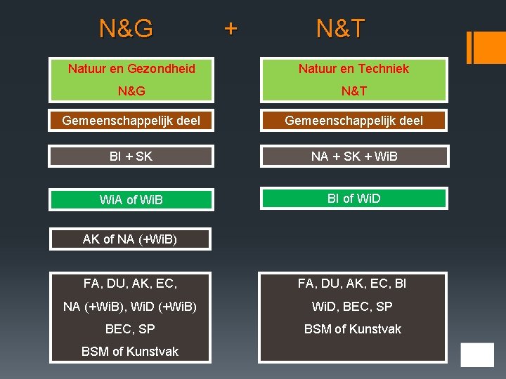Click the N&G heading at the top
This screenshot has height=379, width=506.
coord(126,29)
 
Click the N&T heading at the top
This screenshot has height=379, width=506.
coord(340,29)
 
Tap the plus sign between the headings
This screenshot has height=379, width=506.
coord(231,28)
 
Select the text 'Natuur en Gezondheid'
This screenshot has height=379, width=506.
coord(131,69)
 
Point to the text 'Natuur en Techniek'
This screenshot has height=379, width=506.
coord(353,69)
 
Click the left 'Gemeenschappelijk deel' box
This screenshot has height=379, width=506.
coord(131,121)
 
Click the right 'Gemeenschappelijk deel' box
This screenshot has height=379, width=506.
coord(353,121)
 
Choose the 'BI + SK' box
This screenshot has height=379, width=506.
coord(131,156)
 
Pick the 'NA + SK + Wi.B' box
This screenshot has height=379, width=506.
coord(353,156)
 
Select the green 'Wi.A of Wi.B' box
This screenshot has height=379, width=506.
coord(131,200)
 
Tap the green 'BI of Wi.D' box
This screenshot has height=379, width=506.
coord(353,199)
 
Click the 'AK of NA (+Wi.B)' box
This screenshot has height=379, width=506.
coord(130,239)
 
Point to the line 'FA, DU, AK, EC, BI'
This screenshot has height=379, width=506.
coord(352,284)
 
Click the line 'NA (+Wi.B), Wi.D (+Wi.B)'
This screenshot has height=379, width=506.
coord(130,307)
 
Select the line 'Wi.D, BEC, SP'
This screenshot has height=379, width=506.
coord(352,307)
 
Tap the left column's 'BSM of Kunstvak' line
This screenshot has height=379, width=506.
coord(130,352)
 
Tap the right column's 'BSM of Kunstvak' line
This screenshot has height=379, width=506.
coord(352,329)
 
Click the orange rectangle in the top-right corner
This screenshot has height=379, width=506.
coord(486,47)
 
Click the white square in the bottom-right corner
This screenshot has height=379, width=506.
coord(477,355)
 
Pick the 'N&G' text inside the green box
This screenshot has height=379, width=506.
coord(131,91)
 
